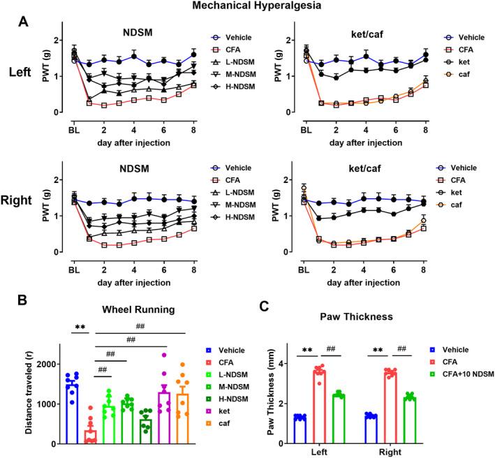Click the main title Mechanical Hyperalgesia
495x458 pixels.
click(247, 8)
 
